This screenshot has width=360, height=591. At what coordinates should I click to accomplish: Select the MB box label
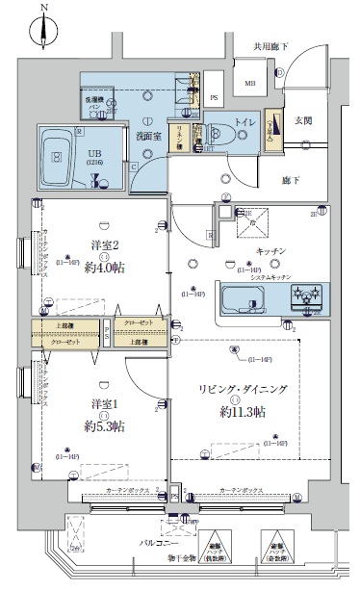click(249, 84)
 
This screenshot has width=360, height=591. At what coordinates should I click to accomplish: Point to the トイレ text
click(244, 122)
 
